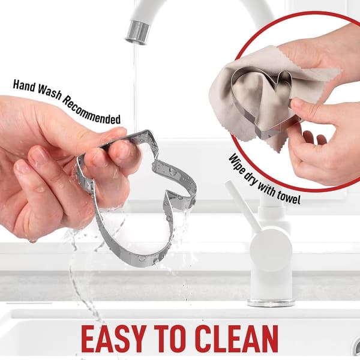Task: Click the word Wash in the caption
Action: pyautogui.click(x=50, y=93)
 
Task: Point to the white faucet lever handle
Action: pyautogui.click(x=242, y=205)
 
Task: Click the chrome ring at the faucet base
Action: pyautogui.click(x=271, y=302)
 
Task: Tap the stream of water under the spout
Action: pyautogui.click(x=136, y=87)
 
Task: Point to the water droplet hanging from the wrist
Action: pyautogui.click(x=32, y=241)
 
